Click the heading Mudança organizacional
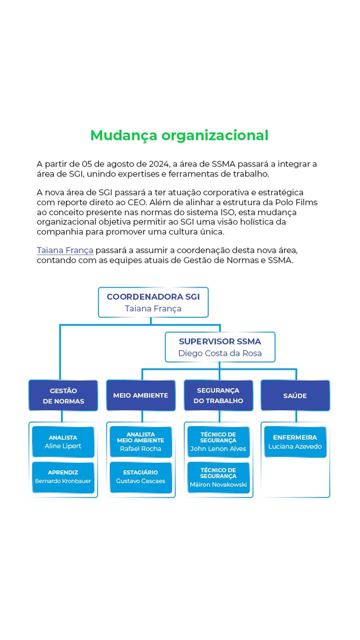pos(179,135)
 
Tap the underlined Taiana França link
pos(65,250)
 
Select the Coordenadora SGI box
pos(153,302)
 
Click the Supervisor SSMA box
pos(220,347)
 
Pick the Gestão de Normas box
pos(63,396)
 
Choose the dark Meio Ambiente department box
pos(141,396)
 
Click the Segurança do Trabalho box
pos(218,396)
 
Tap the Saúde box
pos(295,396)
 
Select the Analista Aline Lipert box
pos(63,442)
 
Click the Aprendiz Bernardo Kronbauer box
pos(63,477)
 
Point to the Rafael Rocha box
pos(141,442)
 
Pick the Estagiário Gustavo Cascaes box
pos(141,477)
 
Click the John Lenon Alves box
pos(218,442)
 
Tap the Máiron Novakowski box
pos(218,477)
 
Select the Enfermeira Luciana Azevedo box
pos(295,442)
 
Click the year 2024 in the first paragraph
pos(159,164)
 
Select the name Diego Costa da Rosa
pos(220,353)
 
